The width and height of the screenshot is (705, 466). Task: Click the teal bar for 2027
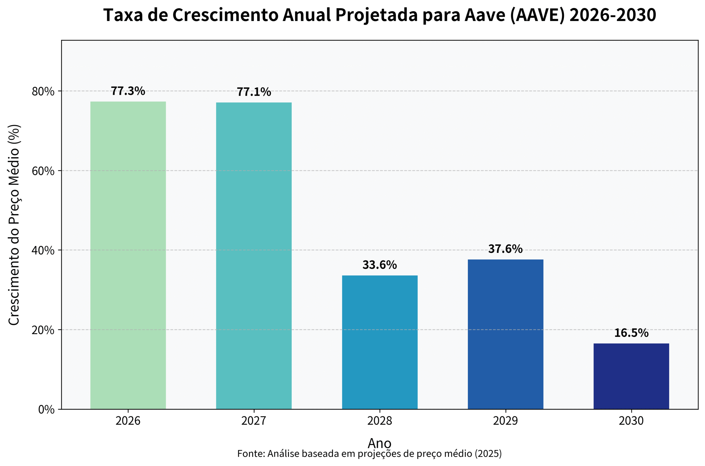click(254, 256)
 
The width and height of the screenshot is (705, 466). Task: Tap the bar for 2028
click(380, 342)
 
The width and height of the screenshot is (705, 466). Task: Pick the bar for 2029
click(505, 334)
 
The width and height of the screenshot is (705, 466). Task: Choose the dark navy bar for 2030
click(631, 376)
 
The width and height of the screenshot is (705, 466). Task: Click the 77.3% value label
click(128, 91)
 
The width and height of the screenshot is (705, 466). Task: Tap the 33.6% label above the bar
click(380, 265)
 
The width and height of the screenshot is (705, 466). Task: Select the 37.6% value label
click(505, 249)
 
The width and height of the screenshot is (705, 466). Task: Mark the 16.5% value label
click(631, 333)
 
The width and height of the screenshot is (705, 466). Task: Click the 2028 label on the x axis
click(380, 421)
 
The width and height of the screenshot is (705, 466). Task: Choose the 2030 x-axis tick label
click(631, 421)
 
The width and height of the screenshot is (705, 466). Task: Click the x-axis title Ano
click(379, 443)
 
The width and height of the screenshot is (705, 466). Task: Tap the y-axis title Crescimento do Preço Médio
click(14, 225)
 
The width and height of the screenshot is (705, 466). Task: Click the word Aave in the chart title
click(485, 15)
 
